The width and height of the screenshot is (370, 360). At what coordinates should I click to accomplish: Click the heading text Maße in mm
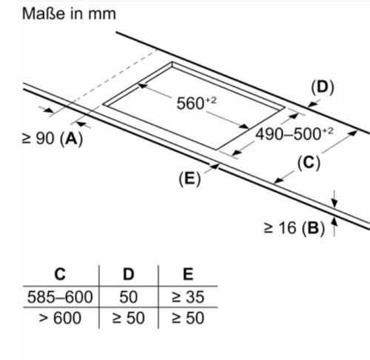pos(69,13)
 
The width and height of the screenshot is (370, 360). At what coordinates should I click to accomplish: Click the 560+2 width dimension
pos(196,103)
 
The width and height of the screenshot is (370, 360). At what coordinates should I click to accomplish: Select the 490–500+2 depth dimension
pos(294,134)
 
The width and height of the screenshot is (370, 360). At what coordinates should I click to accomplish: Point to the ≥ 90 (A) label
pos(53,139)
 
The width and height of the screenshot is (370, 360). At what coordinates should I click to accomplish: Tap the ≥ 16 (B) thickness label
pos(295,227)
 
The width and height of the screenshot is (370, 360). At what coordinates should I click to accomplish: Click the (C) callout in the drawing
pos(309,163)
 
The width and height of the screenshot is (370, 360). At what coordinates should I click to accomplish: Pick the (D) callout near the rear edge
pos(323,87)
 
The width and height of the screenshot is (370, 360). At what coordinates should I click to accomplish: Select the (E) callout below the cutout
pos(189,179)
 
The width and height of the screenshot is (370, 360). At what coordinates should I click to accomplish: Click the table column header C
pos(60,274)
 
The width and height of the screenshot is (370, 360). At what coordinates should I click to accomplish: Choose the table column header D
pos(129,274)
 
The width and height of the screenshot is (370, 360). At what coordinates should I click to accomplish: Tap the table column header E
pos(188,274)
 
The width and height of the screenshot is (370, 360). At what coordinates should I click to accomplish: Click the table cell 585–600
pos(60,297)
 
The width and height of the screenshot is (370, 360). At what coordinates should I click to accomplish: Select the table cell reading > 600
pos(60,318)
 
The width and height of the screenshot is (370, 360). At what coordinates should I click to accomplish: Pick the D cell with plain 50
pos(129,297)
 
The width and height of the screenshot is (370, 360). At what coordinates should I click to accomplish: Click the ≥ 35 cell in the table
pos(188,297)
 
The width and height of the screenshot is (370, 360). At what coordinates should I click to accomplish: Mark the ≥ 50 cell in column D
pos(129,318)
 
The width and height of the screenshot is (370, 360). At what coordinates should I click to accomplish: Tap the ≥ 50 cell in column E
pos(188,318)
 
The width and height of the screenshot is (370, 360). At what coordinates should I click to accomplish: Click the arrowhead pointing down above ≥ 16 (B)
pos(334,204)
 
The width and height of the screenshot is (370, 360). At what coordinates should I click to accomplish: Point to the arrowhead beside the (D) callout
pos(312,104)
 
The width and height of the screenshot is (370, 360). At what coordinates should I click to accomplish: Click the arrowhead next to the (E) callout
pos(215,166)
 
